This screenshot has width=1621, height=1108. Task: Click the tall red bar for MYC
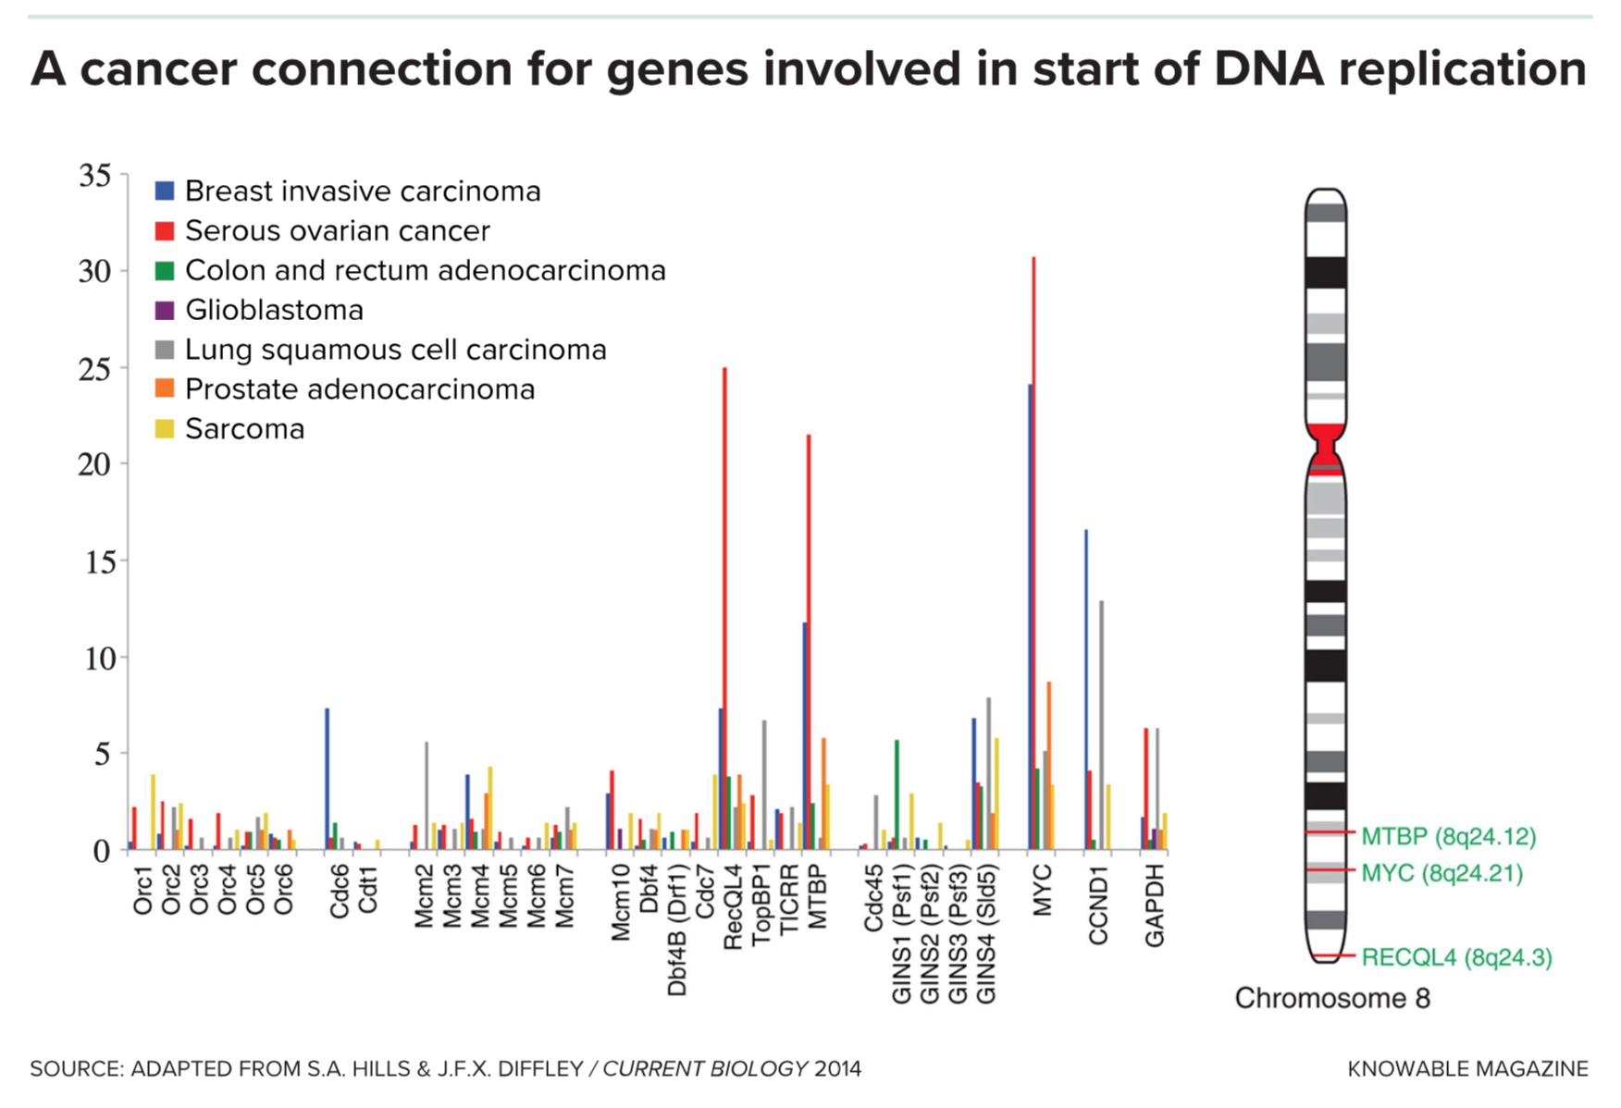(1033, 555)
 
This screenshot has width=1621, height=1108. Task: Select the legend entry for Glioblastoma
(274, 310)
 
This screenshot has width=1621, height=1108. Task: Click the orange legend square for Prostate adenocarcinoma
(165, 389)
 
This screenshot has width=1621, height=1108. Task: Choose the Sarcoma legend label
(244, 429)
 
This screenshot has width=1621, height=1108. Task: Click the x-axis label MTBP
(817, 896)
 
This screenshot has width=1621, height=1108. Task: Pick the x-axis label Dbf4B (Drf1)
(677, 929)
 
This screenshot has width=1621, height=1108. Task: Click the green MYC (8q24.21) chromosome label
(1442, 873)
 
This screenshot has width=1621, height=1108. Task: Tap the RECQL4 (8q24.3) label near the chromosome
(1456, 957)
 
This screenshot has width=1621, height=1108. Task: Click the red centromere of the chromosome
(1326, 446)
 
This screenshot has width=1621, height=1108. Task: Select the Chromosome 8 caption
(1332, 999)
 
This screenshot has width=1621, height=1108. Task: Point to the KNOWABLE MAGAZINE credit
(1467, 1069)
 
